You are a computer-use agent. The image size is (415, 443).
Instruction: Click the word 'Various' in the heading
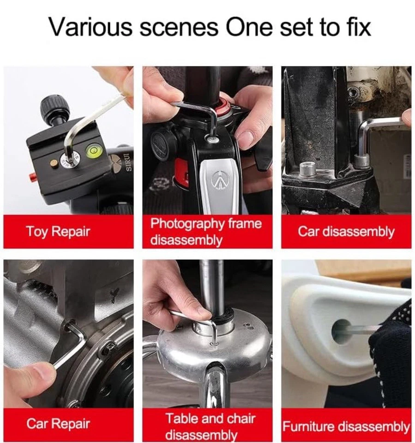pyautogui.click(x=91, y=27)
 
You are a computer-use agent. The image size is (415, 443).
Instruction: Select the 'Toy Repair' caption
pyautogui.click(x=58, y=231)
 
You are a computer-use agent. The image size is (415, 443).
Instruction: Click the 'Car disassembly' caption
pyautogui.click(x=346, y=231)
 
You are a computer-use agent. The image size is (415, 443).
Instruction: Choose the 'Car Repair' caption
pyautogui.click(x=58, y=424)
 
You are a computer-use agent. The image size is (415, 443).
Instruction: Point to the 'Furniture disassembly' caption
pyautogui.click(x=346, y=426)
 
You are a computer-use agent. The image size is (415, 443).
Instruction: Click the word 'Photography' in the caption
pyautogui.click(x=187, y=224)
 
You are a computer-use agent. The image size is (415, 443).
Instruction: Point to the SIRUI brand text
pyautogui.click(x=129, y=163)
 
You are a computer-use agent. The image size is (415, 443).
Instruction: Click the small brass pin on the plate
pyautogui.click(x=54, y=163)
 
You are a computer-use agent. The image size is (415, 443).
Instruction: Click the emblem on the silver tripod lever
pyautogui.click(x=218, y=180)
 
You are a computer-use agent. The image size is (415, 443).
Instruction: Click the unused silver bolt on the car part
pyautogui.click(x=308, y=169)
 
